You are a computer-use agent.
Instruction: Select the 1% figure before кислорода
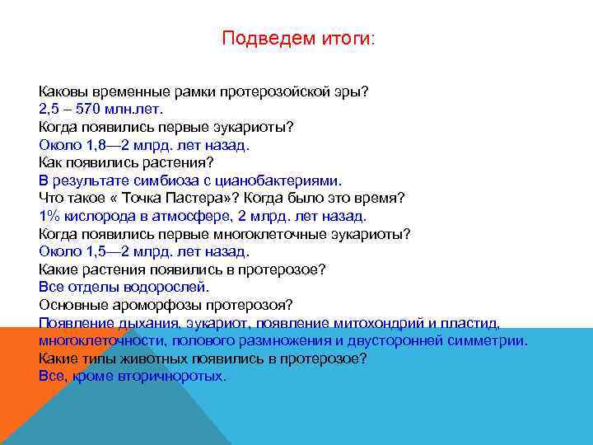tap(49, 216)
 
